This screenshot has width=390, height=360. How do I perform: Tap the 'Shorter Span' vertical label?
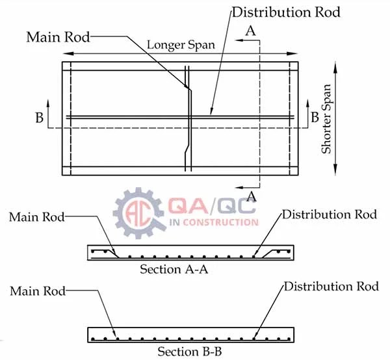tap(327, 120)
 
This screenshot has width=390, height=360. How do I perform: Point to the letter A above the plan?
tap(250, 30)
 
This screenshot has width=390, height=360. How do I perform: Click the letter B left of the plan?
tap(38, 118)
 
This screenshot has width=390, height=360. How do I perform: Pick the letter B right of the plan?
tap(315, 118)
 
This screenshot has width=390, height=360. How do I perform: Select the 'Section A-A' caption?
tap(171, 269)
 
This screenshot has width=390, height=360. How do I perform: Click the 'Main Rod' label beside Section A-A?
tap(37, 216)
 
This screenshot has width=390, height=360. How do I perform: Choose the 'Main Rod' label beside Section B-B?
tap(38, 291)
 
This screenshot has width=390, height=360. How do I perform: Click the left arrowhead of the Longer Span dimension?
tap(66, 53)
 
